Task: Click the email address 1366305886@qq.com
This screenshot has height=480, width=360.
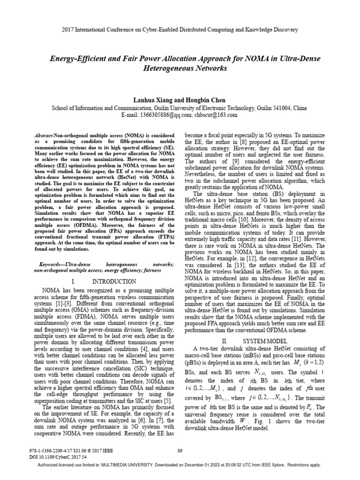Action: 158,114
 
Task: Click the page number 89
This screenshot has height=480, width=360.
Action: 180,451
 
